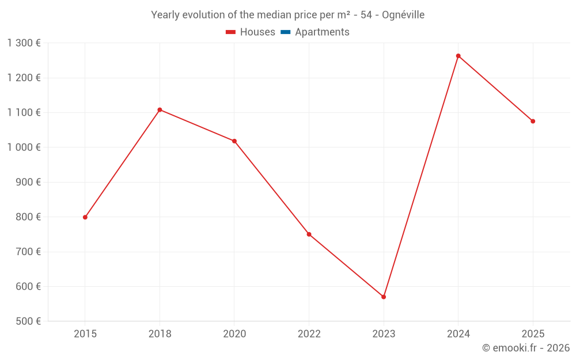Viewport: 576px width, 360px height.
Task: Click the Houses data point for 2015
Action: point(85,217)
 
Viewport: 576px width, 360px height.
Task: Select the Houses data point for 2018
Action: point(160,110)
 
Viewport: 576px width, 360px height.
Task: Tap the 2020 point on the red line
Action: point(234,141)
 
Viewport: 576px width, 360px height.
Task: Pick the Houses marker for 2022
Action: point(309,234)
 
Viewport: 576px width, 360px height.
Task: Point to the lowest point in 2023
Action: point(384,297)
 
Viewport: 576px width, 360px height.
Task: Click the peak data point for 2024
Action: point(458,56)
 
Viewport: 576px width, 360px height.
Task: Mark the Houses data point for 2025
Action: point(533,121)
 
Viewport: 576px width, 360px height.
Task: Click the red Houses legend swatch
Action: point(231,32)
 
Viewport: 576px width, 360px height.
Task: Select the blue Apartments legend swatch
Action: point(286,32)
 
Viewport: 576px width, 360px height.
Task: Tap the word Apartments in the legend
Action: point(322,32)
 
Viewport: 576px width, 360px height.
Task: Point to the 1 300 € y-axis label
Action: point(24,43)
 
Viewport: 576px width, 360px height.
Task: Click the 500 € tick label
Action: point(28,321)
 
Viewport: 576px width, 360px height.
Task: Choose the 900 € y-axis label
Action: point(28,182)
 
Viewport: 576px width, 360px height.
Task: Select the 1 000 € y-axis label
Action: point(24,147)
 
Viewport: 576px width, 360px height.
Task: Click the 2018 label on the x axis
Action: point(160,334)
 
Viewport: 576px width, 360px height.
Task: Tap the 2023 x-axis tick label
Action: point(384,334)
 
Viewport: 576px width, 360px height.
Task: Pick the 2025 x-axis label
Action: point(533,334)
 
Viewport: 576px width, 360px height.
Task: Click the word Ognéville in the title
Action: point(403,15)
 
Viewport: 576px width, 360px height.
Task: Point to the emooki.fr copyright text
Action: point(526,347)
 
